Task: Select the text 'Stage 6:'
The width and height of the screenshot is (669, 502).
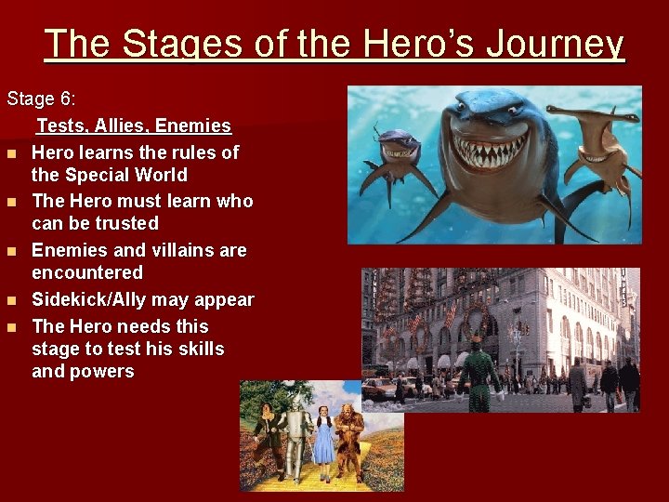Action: (42, 99)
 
